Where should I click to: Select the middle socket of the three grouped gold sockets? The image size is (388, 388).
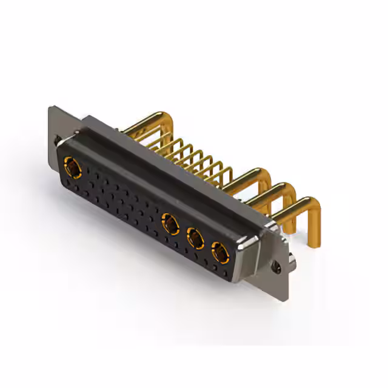[x=195, y=238]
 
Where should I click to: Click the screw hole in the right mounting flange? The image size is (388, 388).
[x=278, y=266]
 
